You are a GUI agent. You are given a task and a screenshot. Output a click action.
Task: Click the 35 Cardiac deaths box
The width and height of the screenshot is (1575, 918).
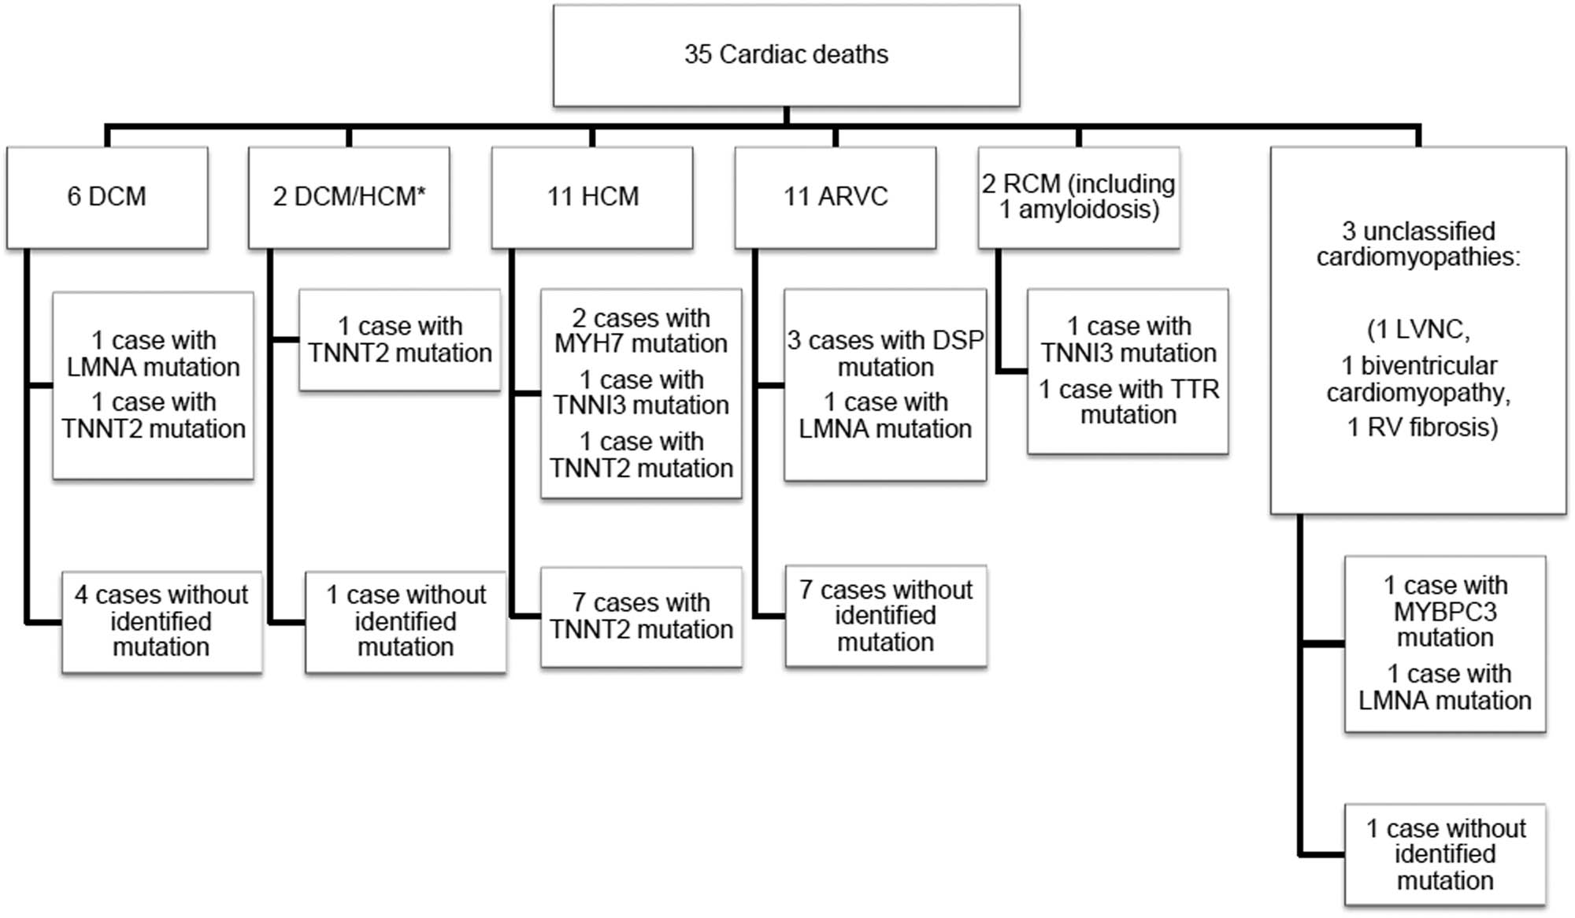coord(786,55)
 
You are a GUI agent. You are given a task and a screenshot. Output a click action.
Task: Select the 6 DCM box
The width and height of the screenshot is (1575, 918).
coord(107,197)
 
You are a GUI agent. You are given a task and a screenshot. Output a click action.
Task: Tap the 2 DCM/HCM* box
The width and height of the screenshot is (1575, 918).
coord(349,197)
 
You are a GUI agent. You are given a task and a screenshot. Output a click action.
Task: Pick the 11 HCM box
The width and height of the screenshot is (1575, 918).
coord(592,197)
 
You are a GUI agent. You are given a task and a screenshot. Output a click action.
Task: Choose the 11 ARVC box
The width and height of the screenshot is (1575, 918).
coord(835,197)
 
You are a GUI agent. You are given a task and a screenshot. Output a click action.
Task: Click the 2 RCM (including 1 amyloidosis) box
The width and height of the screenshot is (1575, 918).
coord(1078,197)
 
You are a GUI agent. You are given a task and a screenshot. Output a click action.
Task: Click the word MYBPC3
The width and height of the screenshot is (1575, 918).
coord(1444,612)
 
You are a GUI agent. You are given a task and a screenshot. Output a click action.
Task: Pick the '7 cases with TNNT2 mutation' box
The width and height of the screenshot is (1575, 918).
coord(641,616)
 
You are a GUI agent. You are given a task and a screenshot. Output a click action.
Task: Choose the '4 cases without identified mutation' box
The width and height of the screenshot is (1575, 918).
coord(161,621)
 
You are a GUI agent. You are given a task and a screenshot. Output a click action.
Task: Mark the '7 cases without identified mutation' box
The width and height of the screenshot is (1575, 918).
coord(885,616)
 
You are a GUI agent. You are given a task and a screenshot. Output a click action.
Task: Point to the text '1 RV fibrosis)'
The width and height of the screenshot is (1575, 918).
coord(1421,428)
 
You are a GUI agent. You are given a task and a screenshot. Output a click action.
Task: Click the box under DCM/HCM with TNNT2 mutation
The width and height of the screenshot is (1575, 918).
coord(399,340)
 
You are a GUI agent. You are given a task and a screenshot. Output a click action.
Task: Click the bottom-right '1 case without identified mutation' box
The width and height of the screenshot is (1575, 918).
coord(1444,854)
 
